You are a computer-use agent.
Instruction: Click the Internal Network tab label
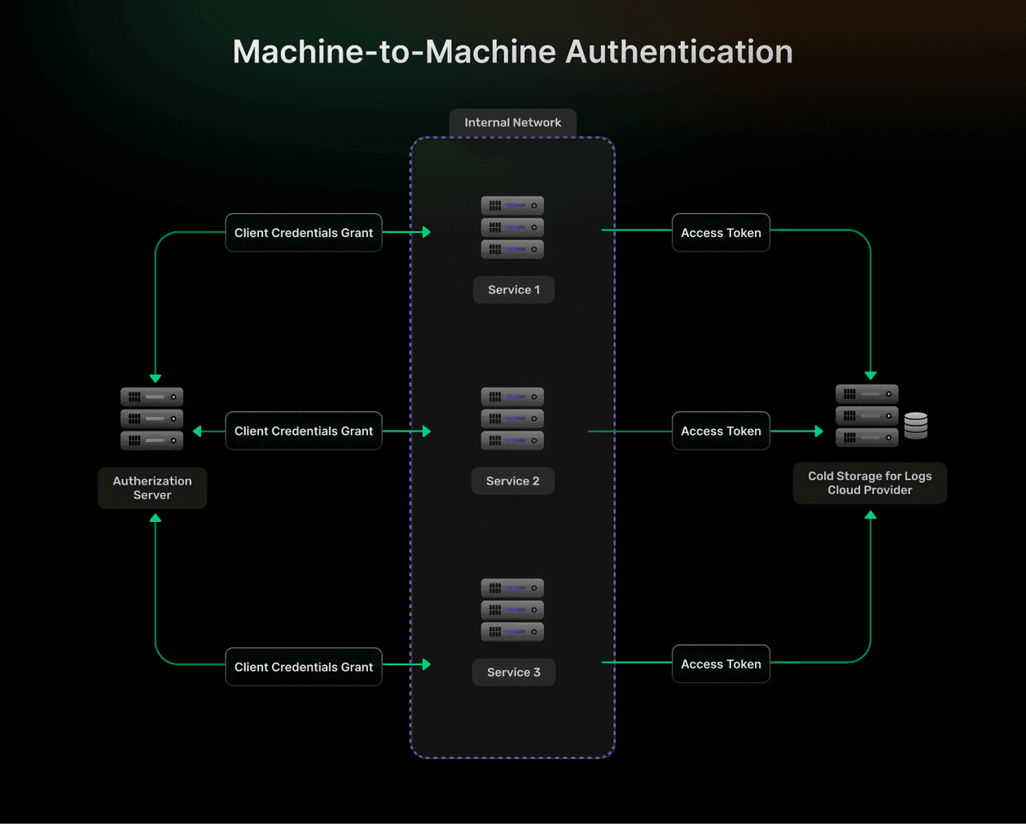(x=512, y=123)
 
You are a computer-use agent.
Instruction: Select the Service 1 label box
(x=514, y=290)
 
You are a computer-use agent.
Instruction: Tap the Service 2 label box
(x=513, y=481)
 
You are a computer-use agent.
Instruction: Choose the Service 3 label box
(x=514, y=673)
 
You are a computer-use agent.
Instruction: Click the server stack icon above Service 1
(x=512, y=227)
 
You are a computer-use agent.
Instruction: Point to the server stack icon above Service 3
(x=512, y=610)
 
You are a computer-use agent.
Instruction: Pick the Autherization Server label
(x=152, y=488)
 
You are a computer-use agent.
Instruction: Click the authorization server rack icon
(x=151, y=419)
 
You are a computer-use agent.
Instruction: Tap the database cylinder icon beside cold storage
(x=916, y=425)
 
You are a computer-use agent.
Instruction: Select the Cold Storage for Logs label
(x=870, y=483)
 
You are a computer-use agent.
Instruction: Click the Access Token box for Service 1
(x=721, y=233)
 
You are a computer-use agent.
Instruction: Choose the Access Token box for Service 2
(x=721, y=432)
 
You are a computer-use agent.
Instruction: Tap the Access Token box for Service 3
(x=721, y=664)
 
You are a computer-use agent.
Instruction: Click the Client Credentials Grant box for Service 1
(x=303, y=233)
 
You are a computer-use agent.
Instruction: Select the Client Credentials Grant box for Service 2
(x=303, y=432)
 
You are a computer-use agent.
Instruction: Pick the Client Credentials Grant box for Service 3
(x=303, y=667)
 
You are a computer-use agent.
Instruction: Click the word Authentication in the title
(x=679, y=52)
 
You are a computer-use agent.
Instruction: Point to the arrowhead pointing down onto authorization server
(x=156, y=379)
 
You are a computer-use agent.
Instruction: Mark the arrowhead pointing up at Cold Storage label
(x=870, y=515)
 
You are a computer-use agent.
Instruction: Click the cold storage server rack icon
(x=866, y=416)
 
